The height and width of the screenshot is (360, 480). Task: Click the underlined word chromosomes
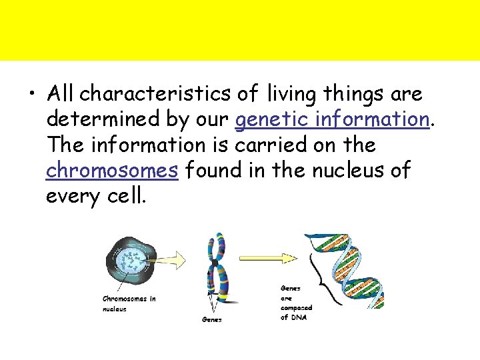point(112,171)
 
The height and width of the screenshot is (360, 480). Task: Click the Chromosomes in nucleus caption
point(129,303)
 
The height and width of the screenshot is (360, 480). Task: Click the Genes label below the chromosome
point(211,320)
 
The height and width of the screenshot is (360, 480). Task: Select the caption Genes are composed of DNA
point(295,303)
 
